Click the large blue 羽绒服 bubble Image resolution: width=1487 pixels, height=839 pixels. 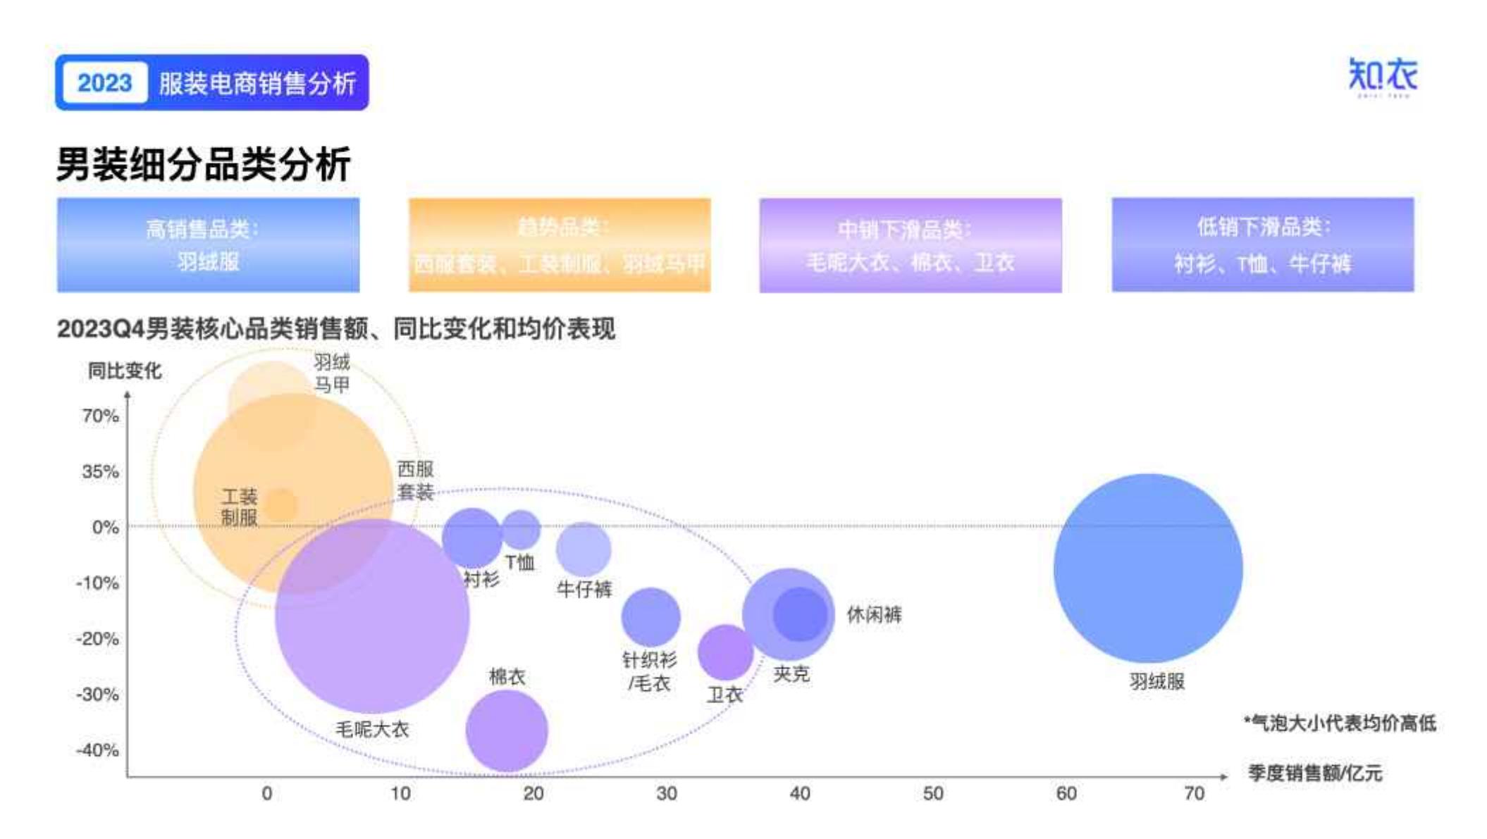click(x=1148, y=568)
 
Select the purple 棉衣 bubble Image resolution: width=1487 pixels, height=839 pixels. click(x=507, y=731)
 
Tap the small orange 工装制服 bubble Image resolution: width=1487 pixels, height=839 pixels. click(x=280, y=506)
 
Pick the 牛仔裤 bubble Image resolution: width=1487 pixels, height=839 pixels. click(x=584, y=549)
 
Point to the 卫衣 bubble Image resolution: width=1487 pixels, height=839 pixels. click(x=725, y=652)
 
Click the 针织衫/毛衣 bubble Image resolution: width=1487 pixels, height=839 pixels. click(x=650, y=617)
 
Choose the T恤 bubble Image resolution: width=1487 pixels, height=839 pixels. click(x=521, y=530)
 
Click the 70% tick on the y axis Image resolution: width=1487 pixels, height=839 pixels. click(x=100, y=416)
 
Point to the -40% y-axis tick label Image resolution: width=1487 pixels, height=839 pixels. click(x=97, y=750)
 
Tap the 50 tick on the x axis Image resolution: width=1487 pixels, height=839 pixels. click(x=932, y=794)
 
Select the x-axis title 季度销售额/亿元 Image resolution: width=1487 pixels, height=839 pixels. click(x=1314, y=773)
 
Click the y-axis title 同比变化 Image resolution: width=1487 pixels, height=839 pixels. click(x=125, y=371)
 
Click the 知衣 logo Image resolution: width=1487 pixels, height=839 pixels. click(x=1382, y=76)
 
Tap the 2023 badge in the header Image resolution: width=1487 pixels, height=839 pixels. click(x=104, y=83)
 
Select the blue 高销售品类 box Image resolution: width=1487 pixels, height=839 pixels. click(x=208, y=244)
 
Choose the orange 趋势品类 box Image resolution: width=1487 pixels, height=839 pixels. click(x=560, y=244)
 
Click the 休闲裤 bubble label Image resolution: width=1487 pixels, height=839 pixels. click(x=874, y=614)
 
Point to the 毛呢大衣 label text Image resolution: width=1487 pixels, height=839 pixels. click(x=372, y=729)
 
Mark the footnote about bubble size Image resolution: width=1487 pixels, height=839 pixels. click(x=1340, y=723)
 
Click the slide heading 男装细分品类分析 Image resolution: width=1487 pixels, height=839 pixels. click(x=203, y=165)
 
